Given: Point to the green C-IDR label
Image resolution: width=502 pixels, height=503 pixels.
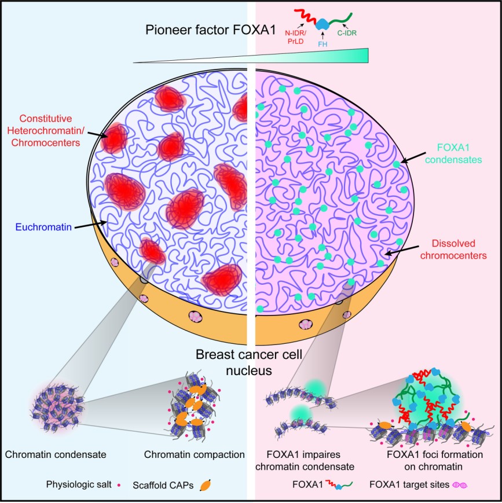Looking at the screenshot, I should pos(347,32).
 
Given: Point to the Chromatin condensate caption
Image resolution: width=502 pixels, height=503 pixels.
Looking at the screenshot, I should pos(56,454).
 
